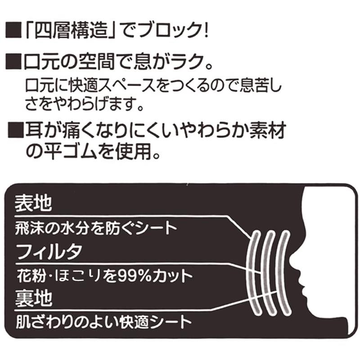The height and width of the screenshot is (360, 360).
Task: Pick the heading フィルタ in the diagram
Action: pos(49,251)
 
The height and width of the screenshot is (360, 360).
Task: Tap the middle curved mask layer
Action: pos(269,272)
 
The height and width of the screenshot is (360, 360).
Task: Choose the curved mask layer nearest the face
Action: pos(283,272)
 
